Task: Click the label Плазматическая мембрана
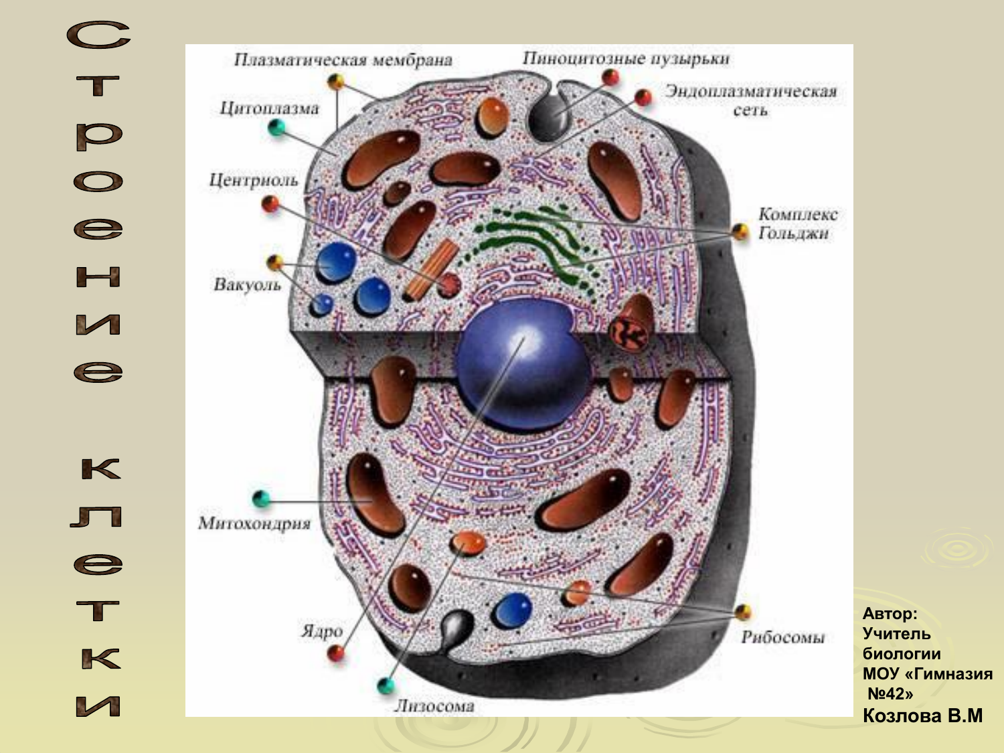(343, 60)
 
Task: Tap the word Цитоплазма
(269, 108)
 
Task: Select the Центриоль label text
(253, 180)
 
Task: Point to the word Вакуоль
(247, 285)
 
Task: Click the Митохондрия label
(254, 523)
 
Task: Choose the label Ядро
(322, 631)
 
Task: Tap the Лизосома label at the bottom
(434, 705)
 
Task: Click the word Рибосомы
(782, 637)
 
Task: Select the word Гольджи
(794, 234)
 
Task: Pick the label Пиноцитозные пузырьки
(626, 59)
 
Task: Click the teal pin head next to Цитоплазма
(276, 127)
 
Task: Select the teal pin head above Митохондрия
(261, 498)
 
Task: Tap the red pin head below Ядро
(336, 653)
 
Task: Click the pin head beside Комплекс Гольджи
(740, 232)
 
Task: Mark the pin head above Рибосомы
(743, 612)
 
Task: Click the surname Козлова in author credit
(902, 716)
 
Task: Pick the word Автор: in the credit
(890, 614)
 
